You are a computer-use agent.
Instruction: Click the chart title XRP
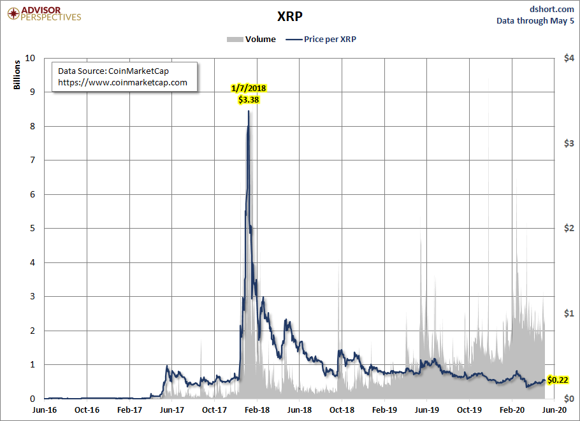click(290, 15)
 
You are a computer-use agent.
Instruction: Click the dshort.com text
click(551, 8)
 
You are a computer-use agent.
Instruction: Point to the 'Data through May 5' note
click(535, 20)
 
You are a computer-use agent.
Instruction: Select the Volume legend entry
click(251, 39)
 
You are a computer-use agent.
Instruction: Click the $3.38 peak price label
click(249, 99)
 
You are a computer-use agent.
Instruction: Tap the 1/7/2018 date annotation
click(249, 88)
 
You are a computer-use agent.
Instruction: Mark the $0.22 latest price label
click(558, 380)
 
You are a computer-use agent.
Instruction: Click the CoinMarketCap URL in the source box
click(122, 82)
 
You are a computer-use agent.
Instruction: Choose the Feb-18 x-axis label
click(257, 410)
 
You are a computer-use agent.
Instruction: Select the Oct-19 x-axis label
click(469, 410)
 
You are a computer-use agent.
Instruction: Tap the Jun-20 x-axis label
click(555, 410)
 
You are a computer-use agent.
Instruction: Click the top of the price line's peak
click(248, 111)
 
